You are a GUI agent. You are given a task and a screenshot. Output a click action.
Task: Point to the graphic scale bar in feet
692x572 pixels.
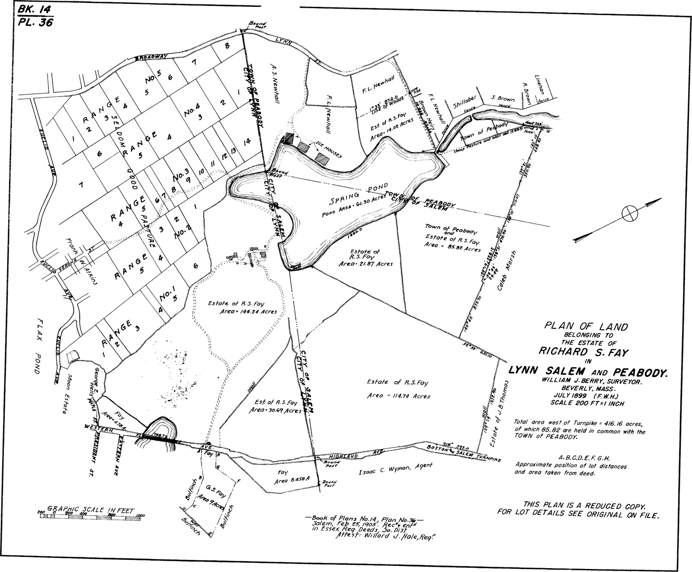click(x=91, y=516)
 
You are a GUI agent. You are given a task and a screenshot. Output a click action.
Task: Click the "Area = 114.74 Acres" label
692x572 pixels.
click(x=399, y=395)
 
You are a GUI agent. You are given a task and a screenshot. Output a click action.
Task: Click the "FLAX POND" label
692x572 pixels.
click(x=38, y=346)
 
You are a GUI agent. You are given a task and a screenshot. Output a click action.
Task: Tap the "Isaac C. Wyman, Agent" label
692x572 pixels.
click(x=396, y=469)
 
